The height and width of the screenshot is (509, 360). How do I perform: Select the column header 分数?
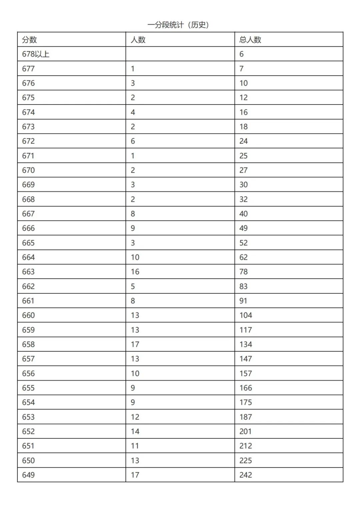(x=29, y=40)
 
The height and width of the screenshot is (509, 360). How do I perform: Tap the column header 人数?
(x=138, y=40)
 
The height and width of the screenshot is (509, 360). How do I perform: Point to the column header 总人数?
(x=250, y=40)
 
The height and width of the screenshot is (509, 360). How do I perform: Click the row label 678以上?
(x=36, y=54)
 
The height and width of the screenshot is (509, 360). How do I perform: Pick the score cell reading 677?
(x=28, y=69)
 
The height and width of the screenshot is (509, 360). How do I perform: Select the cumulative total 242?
(x=246, y=475)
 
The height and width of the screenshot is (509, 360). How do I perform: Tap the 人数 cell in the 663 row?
(x=135, y=272)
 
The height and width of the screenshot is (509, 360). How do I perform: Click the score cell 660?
(x=28, y=315)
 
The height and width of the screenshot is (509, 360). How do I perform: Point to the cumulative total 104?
(x=246, y=315)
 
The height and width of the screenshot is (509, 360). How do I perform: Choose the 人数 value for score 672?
(x=133, y=141)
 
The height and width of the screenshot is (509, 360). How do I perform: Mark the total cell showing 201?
(x=245, y=431)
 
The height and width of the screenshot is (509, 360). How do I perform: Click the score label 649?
(x=28, y=475)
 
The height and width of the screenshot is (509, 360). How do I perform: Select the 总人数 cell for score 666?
(x=243, y=228)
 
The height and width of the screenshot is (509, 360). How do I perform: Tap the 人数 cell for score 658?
(x=135, y=344)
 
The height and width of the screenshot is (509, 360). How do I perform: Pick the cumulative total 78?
(x=243, y=272)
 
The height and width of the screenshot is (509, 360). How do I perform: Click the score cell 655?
(x=28, y=388)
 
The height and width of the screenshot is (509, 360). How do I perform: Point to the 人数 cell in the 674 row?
(x=133, y=112)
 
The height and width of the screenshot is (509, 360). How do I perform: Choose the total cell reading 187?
(x=246, y=417)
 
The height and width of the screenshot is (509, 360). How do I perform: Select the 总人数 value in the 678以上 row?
(x=241, y=54)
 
